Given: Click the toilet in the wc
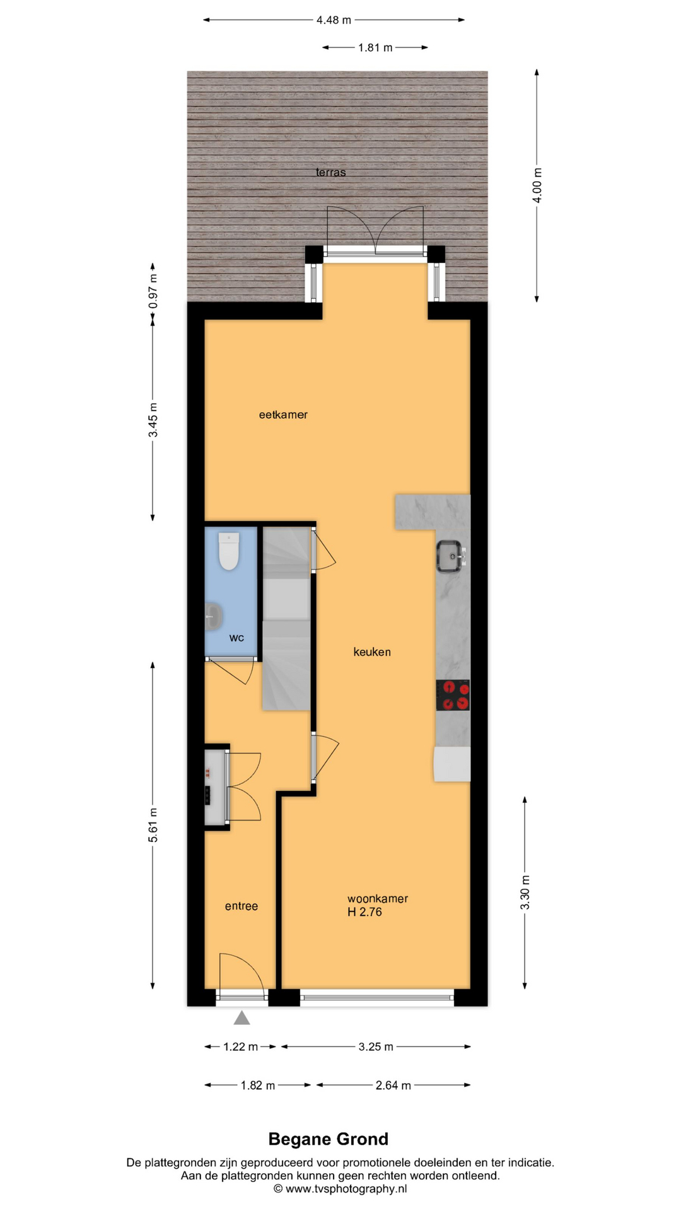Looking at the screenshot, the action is click(228, 551).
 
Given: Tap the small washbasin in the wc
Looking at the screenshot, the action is click(213, 616).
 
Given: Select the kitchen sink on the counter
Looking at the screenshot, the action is click(451, 556).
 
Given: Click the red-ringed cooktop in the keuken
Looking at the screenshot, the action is click(453, 695).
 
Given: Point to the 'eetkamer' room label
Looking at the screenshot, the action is click(283, 414).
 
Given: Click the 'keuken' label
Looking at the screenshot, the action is click(372, 652).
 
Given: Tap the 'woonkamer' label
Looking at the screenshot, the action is click(378, 898).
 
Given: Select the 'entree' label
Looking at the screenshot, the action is click(242, 906).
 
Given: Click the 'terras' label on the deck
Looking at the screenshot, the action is click(331, 172).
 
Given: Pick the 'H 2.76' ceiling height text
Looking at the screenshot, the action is click(364, 912).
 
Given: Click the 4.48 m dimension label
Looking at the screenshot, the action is click(334, 20).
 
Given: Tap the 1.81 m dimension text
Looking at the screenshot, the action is click(375, 47).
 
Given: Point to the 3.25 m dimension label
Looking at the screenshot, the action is click(376, 1046).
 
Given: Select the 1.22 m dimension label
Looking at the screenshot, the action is click(240, 1046).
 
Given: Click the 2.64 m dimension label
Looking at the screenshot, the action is click(393, 1085).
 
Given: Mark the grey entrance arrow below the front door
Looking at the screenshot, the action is click(242, 1017).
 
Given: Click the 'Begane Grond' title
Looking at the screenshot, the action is click(329, 1138).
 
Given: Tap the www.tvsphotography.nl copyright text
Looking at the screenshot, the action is click(340, 1188).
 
